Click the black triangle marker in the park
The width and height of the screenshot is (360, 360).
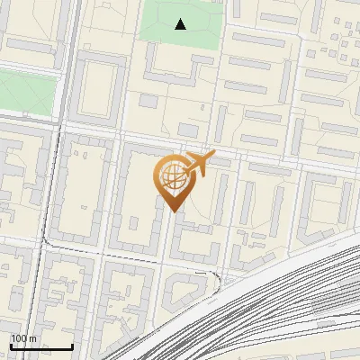pyautogui.click(x=181, y=24)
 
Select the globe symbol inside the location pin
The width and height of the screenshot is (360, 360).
pyautogui.click(x=171, y=177)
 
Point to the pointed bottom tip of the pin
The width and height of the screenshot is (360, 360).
pyautogui.click(x=173, y=211)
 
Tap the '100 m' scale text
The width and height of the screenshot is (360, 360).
pyautogui.click(x=24, y=338)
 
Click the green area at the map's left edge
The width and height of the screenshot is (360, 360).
pyautogui.click(x=22, y=90)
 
